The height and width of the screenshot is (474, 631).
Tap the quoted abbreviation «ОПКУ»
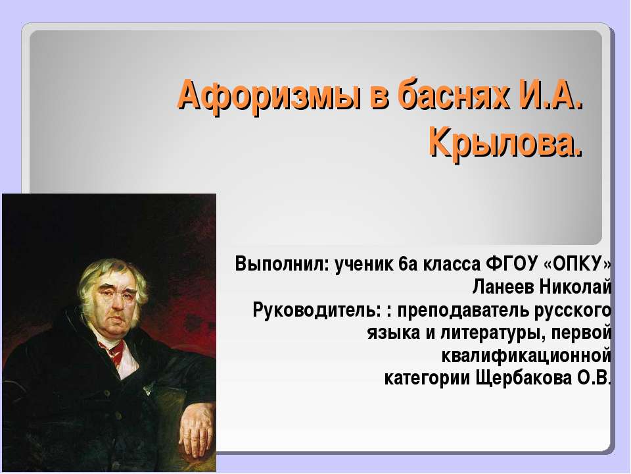click(x=578, y=265)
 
